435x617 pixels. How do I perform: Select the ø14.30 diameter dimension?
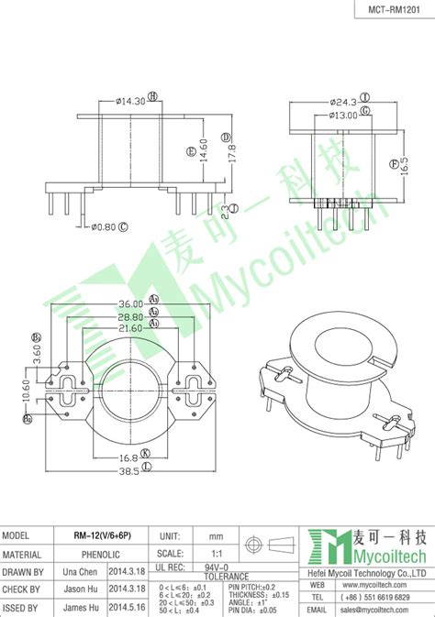[x=131, y=101]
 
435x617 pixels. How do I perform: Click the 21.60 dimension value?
[x=129, y=326]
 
